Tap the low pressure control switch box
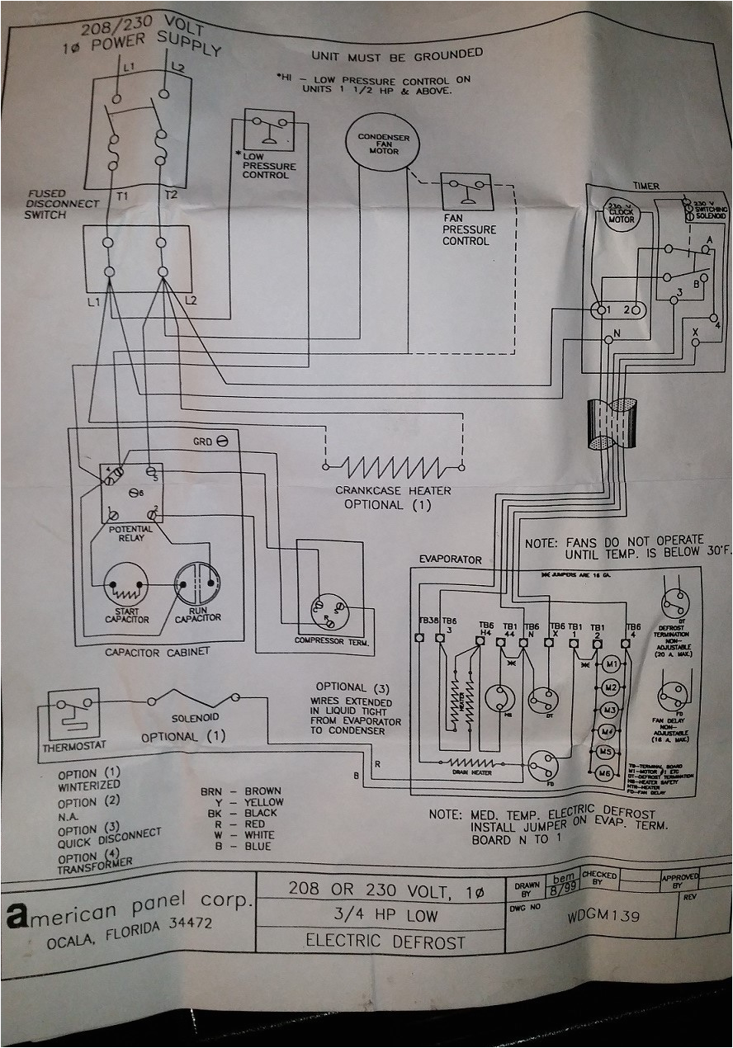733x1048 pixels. click(268, 129)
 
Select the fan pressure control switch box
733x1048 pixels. click(466, 192)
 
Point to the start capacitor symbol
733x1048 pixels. click(126, 584)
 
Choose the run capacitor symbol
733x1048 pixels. click(197, 584)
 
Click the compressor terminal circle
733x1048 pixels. click(329, 611)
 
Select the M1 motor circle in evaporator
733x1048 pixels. click(611, 664)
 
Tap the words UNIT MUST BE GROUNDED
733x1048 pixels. click(396, 54)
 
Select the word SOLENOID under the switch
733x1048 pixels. click(195, 719)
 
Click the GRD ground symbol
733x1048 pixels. click(222, 442)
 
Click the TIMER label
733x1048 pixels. click(646, 186)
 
